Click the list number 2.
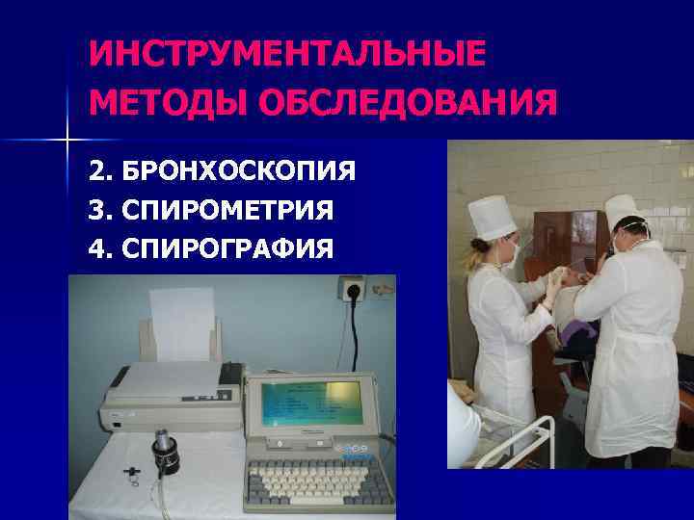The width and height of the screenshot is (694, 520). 97,172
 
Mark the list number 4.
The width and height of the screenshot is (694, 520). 97,249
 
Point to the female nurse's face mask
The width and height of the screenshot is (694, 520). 515,252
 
